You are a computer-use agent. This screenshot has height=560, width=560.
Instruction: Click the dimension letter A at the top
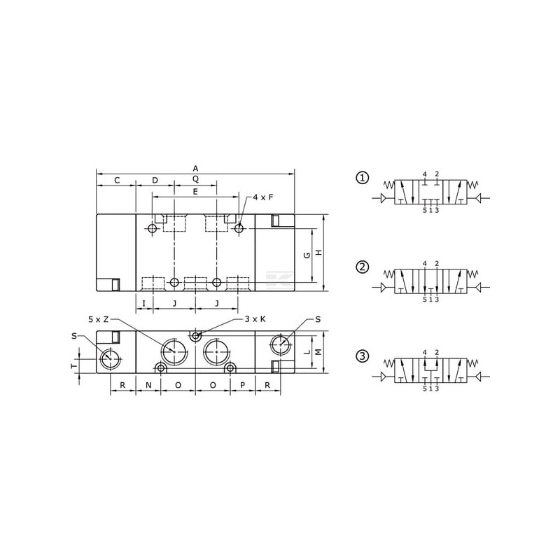tap(195, 168)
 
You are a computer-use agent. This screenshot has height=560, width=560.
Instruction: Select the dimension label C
tap(117, 181)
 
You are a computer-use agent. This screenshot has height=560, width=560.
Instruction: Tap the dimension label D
tap(155, 181)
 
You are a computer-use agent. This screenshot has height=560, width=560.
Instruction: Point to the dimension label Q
tap(195, 178)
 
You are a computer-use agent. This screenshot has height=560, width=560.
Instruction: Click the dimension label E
tap(195, 192)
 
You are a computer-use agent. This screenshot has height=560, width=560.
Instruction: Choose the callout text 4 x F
tap(263, 197)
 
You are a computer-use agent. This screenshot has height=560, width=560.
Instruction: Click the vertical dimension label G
tap(307, 255)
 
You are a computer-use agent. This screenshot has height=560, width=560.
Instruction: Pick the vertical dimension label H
tap(319, 252)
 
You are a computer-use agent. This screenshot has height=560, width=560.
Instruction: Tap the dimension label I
tap(144, 304)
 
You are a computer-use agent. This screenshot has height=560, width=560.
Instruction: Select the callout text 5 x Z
tap(99, 319)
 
